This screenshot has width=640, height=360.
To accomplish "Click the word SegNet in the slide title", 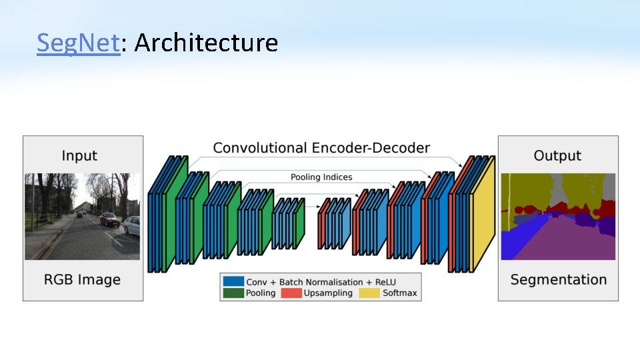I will point(78,43).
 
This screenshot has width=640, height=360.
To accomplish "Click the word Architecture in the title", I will point(206,43).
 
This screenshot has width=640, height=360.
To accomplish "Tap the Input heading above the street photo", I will point(79,155).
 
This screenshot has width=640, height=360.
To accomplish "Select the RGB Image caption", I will point(82,279).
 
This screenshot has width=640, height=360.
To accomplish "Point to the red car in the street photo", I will point(109,219).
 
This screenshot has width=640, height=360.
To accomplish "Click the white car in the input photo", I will point(132,225).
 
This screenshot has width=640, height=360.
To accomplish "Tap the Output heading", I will point(557,155).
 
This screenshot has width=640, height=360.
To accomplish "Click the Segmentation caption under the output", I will point(558,279).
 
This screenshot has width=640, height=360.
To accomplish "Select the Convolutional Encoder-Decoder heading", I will point(321,148).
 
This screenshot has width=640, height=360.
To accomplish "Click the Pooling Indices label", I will point(321,177).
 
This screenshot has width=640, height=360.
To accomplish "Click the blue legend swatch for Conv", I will point(233,282).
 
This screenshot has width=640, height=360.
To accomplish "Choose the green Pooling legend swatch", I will point(233,293).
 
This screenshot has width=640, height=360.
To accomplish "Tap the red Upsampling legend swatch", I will point(291,293).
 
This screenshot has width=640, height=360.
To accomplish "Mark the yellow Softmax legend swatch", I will point(369,293).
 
